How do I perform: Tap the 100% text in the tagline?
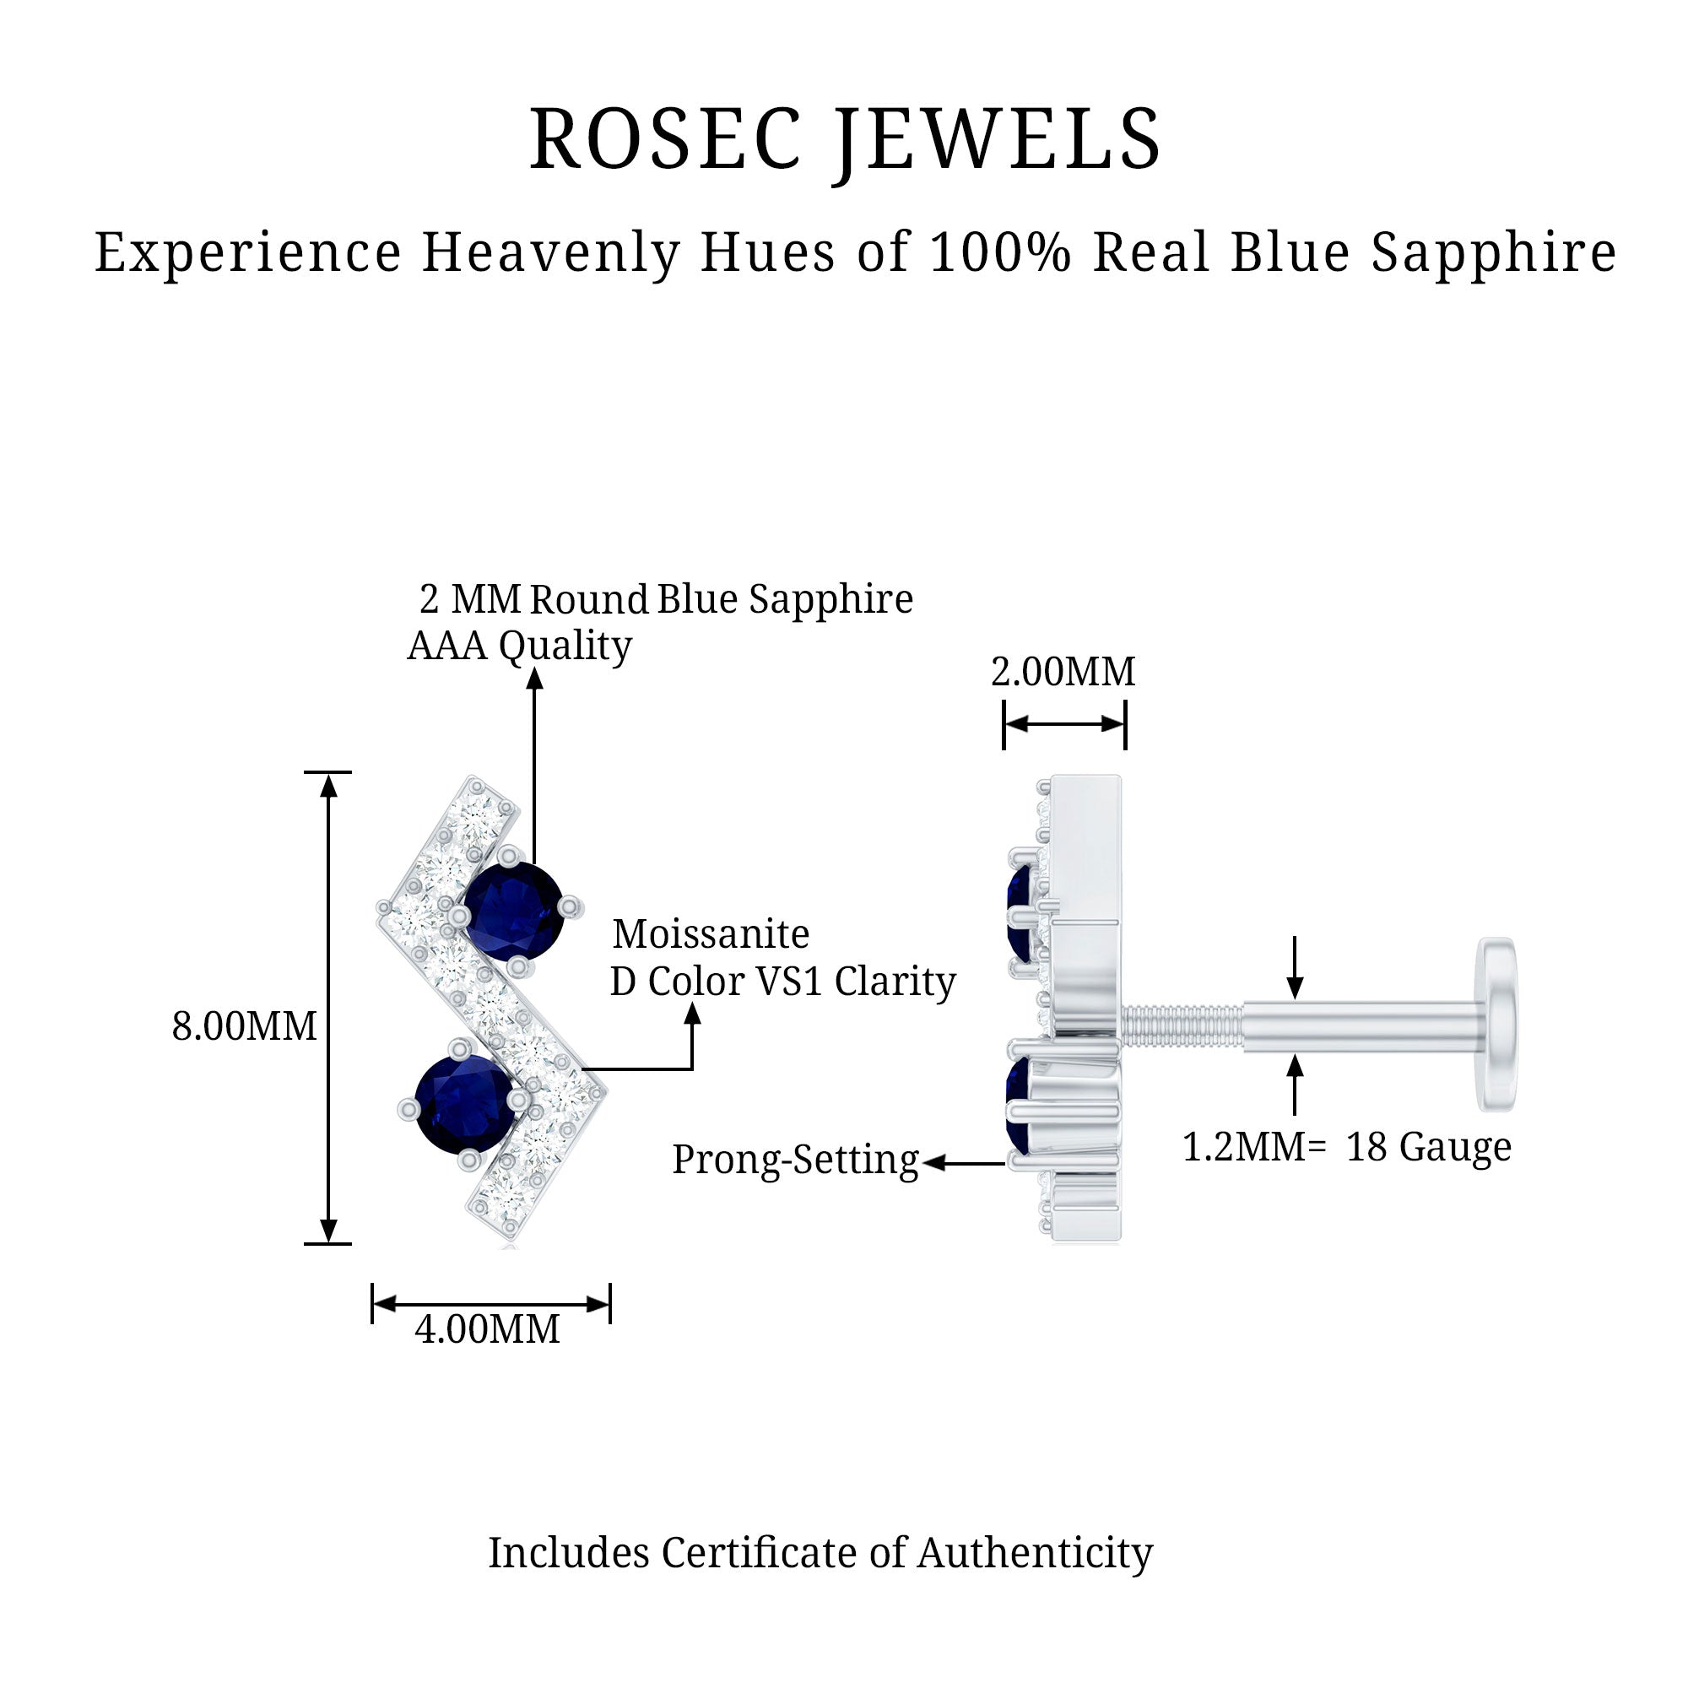1000,252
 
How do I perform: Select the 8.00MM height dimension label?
244,1025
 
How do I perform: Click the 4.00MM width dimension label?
487,1329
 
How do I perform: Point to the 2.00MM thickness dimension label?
1063,672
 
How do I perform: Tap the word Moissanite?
711,934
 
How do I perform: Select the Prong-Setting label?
795,1160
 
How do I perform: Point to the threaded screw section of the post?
1181,1025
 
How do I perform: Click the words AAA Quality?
519,647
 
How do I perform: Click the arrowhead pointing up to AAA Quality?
535,678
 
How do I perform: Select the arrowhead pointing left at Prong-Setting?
934,1163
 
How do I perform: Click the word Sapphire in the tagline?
1493,252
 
